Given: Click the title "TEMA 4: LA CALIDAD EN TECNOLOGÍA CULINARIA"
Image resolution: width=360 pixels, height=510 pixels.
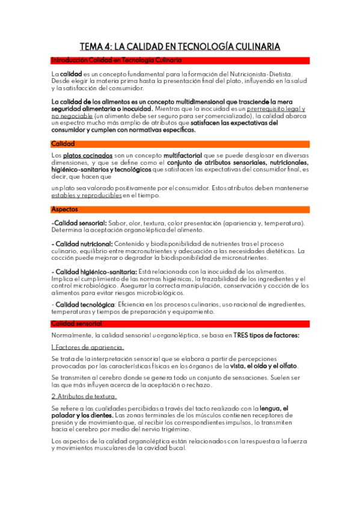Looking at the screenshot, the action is [180, 46].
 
